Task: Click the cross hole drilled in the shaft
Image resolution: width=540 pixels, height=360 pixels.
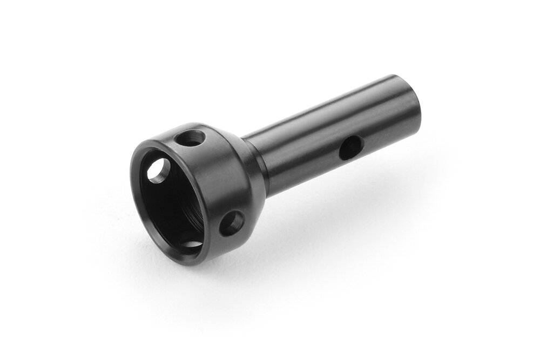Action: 350,147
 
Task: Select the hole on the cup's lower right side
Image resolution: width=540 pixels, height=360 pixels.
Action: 231,222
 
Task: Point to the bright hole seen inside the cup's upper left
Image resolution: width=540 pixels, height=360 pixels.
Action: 158,172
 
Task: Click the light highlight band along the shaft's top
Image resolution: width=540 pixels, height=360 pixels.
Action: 324,108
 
